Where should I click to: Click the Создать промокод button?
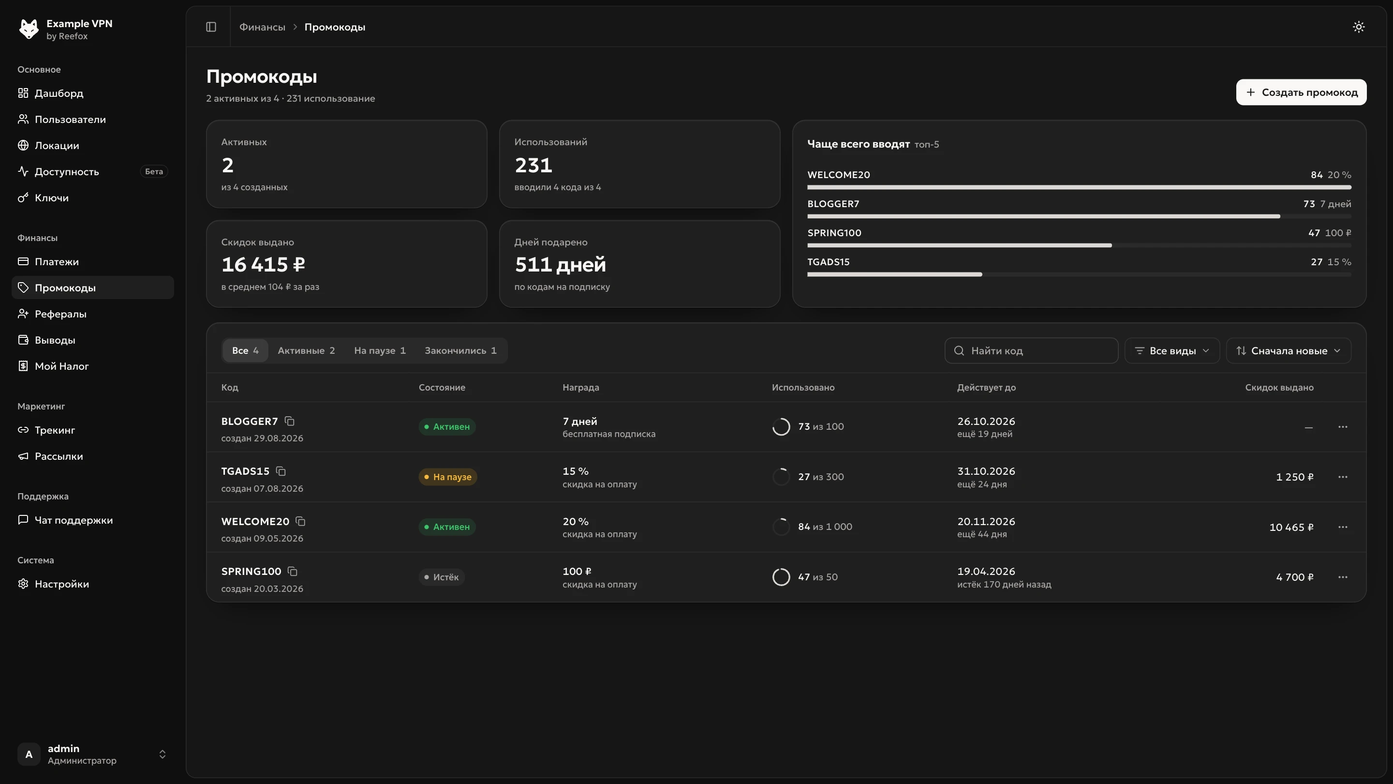[x=1301, y=92]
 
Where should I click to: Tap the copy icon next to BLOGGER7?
[x=290, y=421]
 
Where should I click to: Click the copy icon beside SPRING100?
[x=293, y=572]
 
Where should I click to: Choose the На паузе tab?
[x=380, y=350]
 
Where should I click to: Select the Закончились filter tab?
[x=460, y=350]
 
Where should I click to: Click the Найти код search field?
[x=1031, y=350]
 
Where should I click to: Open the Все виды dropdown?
[x=1172, y=350]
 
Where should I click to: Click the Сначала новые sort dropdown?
[x=1289, y=350]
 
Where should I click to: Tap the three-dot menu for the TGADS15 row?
[x=1343, y=477]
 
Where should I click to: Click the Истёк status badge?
[x=442, y=577]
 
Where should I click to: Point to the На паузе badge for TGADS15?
[x=448, y=477]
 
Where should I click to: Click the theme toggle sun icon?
[x=1358, y=27]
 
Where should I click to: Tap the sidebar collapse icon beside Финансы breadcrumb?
[x=211, y=27]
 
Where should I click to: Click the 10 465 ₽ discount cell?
[x=1291, y=527]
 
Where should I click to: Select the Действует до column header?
[x=986, y=387]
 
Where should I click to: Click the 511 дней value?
[x=560, y=265]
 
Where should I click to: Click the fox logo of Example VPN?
[x=29, y=29]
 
